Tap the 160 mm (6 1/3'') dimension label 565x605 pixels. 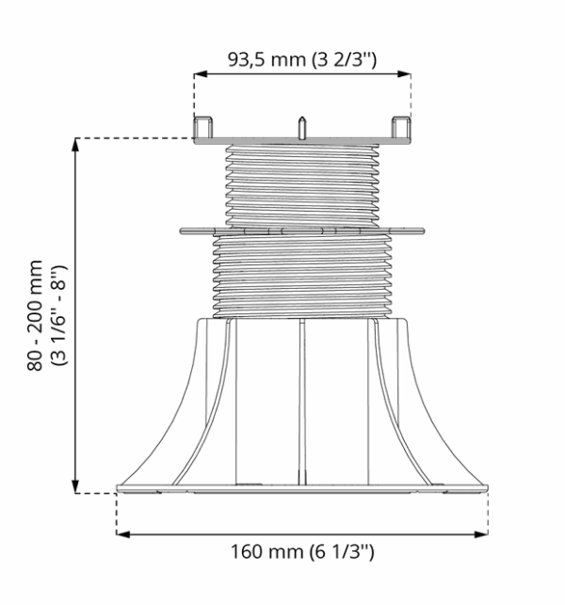pyautogui.click(x=302, y=551)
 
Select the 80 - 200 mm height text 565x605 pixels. pyautogui.click(x=35, y=315)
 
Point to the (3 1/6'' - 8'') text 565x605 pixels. pyautogui.click(x=59, y=315)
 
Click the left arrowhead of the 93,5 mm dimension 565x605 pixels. pyautogui.click(x=201, y=73)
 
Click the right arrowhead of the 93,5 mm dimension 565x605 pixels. pyautogui.click(x=404, y=73)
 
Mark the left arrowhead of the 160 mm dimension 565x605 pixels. pyautogui.click(x=123, y=534)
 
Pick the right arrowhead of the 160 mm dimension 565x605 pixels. pyautogui.click(x=481, y=534)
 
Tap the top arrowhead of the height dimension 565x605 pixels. pyautogui.click(x=75, y=145)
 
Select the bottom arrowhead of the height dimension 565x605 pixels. pyautogui.click(x=75, y=486)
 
